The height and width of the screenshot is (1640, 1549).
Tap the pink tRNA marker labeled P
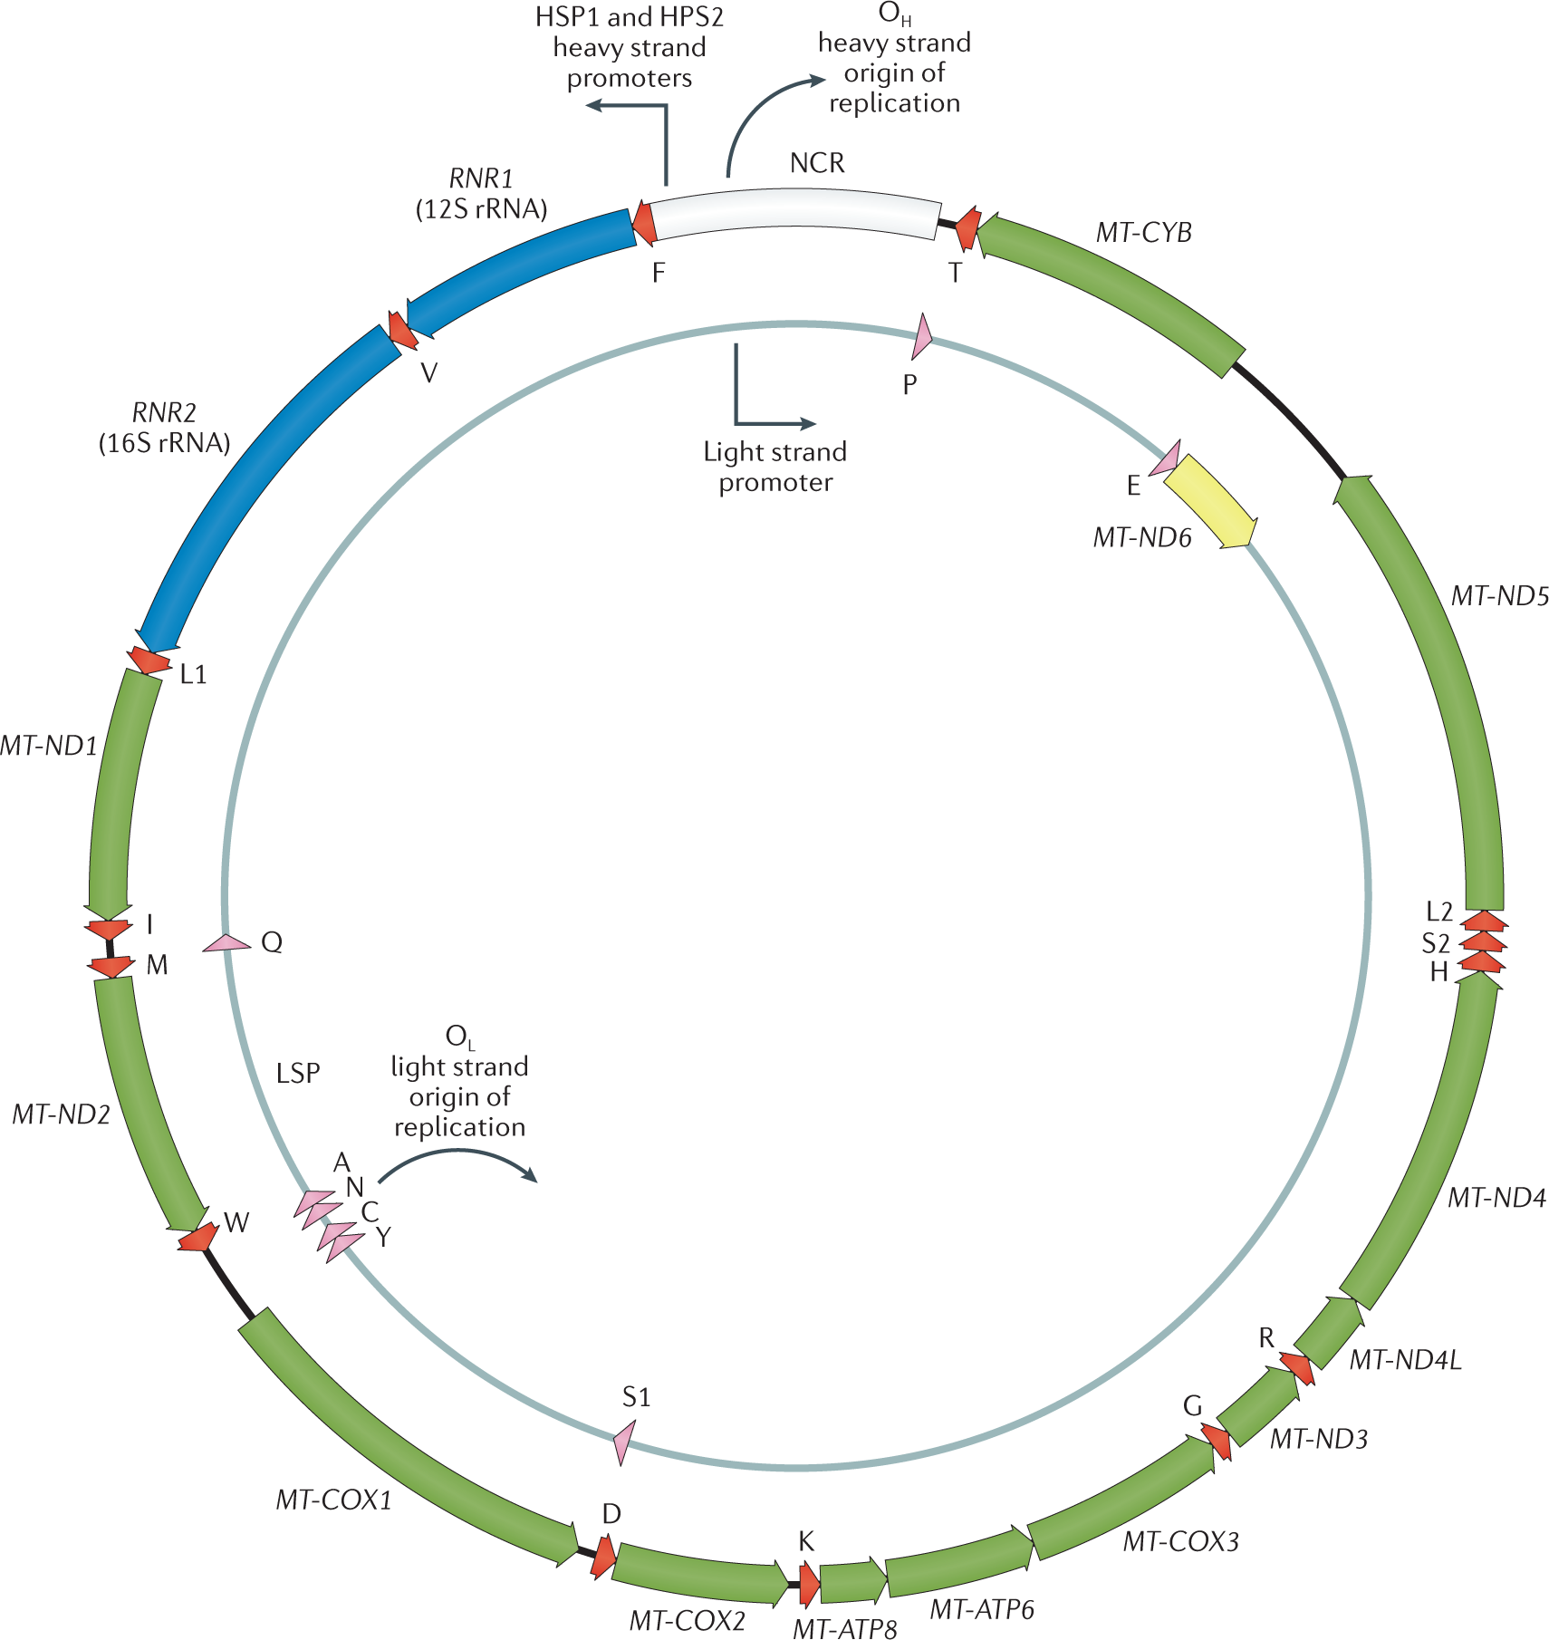921,338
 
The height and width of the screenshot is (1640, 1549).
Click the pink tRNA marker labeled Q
226,943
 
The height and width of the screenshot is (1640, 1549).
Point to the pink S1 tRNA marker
623,1440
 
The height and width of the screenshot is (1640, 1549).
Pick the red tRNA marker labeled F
644,223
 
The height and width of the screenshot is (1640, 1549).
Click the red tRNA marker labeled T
967,228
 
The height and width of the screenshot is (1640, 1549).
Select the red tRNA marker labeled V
401,330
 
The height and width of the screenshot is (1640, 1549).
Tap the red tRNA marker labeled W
198,1237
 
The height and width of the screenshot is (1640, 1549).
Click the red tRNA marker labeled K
809,1582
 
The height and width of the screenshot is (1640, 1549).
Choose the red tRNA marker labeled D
603,1558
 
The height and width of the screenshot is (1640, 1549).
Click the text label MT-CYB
1143,233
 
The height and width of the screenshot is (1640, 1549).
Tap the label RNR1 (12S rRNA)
481,194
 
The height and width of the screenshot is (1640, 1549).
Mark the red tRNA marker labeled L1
149,661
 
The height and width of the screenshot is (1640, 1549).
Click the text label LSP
298,1073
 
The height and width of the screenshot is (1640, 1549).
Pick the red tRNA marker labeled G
1217,1441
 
